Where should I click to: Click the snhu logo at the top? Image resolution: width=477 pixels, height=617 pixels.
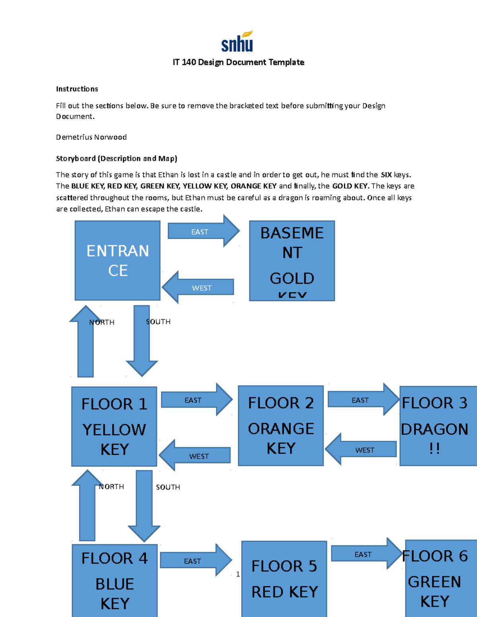(x=237, y=42)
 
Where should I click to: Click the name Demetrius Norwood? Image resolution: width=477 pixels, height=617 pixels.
(x=91, y=137)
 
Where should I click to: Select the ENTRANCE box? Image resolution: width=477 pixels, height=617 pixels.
(x=118, y=260)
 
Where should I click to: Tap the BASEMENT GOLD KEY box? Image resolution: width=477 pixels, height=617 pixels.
(x=292, y=261)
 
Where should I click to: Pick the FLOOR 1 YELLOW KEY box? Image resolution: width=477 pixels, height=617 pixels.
(x=114, y=426)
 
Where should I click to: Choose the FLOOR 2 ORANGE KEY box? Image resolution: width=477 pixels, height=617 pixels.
(x=281, y=426)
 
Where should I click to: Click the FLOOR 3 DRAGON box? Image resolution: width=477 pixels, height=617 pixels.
(x=437, y=426)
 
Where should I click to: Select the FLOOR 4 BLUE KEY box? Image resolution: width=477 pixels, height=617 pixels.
(x=114, y=580)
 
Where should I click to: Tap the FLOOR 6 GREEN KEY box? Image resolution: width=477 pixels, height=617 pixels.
(x=439, y=578)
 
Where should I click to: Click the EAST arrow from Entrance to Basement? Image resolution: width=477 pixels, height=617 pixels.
(x=203, y=231)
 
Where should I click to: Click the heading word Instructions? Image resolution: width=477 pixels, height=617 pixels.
(x=77, y=89)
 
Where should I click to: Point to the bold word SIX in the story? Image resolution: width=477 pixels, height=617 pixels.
(x=386, y=175)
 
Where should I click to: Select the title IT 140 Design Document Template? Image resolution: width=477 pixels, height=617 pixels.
(x=238, y=62)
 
